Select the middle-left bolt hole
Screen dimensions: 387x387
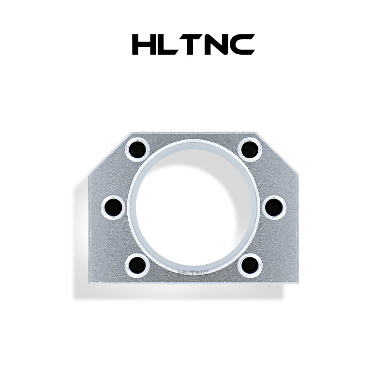[x=114, y=207]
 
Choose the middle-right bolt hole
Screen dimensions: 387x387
[x=273, y=207]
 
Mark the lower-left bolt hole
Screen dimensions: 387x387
[x=137, y=264]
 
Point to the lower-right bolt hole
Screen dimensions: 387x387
[x=251, y=264]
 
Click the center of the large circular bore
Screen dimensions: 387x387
[x=193, y=206]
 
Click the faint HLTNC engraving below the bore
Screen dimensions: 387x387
[x=193, y=272]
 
